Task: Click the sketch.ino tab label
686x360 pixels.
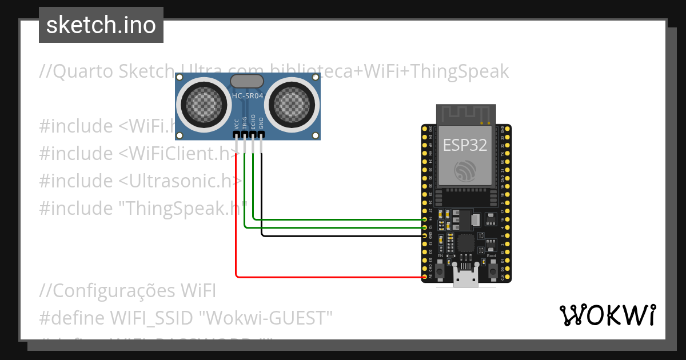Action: click(101, 25)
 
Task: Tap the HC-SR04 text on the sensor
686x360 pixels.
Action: click(247, 96)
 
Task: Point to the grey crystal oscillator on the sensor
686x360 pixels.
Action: click(246, 81)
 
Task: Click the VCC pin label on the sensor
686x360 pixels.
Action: click(236, 123)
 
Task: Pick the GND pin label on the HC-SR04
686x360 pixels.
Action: click(261, 123)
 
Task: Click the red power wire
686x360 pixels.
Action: click(236, 229)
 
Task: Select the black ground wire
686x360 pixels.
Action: click(343, 235)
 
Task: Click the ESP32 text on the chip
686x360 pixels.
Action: click(465, 145)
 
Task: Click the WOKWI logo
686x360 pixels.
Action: click(607, 315)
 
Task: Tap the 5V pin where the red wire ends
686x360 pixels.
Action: click(424, 277)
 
